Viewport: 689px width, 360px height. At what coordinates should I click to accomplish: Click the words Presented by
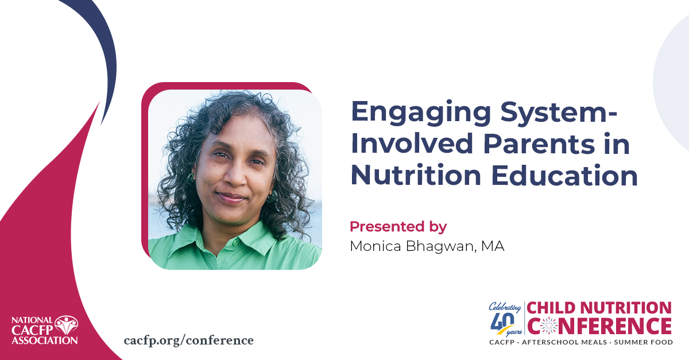click(x=398, y=226)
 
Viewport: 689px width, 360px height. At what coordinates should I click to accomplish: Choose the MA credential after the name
click(x=493, y=247)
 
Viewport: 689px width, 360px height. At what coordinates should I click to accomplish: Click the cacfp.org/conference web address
click(x=188, y=340)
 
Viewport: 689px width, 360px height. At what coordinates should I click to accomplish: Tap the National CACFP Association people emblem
click(x=67, y=326)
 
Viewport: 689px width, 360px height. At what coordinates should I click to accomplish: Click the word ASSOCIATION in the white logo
click(x=44, y=340)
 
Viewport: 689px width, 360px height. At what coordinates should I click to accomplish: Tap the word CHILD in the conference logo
click(x=553, y=308)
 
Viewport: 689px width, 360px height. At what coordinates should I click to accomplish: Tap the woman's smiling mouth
click(x=231, y=198)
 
